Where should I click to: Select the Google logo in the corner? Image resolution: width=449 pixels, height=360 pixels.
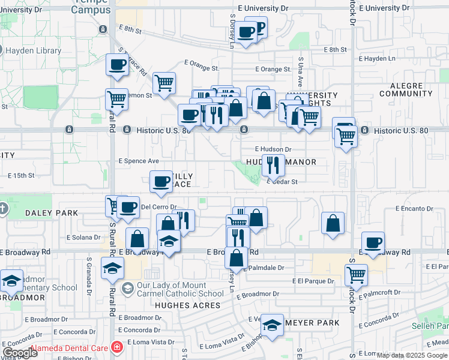pyautogui.click(x=20, y=353)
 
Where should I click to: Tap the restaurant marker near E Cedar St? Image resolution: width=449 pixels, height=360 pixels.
pyautogui.click(x=273, y=166)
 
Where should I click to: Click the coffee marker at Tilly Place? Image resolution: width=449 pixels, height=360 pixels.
pyautogui.click(x=160, y=182)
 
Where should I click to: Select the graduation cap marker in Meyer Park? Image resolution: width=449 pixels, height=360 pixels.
pyautogui.click(x=272, y=326)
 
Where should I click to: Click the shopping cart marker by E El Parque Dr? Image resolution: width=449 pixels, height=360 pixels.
pyautogui.click(x=356, y=275)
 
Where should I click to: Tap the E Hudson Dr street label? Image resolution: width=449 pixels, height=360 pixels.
pyautogui.click(x=273, y=149)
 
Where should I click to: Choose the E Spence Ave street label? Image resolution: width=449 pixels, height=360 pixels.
pyautogui.click(x=139, y=161)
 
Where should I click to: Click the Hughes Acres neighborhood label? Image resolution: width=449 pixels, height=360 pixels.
pyautogui.click(x=180, y=305)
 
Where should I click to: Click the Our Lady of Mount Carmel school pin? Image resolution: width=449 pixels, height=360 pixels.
pyautogui.click(x=127, y=289)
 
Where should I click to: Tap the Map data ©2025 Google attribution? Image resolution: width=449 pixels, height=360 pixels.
pyautogui.click(x=411, y=355)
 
